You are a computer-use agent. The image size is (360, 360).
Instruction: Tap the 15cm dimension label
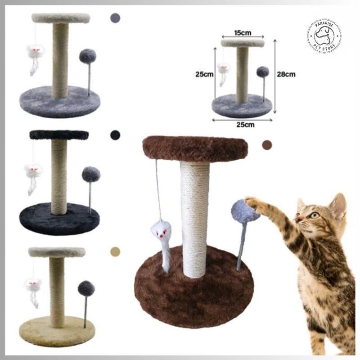tap(242, 33)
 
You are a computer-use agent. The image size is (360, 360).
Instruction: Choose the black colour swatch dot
tap(116, 135)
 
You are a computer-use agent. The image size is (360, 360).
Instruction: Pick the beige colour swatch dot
tap(116, 251)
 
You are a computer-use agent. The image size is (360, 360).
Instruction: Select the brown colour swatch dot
tap(267, 144)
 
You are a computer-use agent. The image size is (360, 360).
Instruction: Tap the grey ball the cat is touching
tap(245, 211)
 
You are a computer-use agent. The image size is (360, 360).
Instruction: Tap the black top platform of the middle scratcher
tap(59, 135)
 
